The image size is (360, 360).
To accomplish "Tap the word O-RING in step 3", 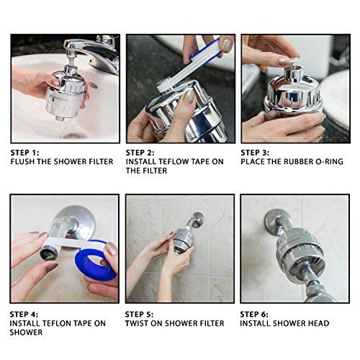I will (x=328, y=162).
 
